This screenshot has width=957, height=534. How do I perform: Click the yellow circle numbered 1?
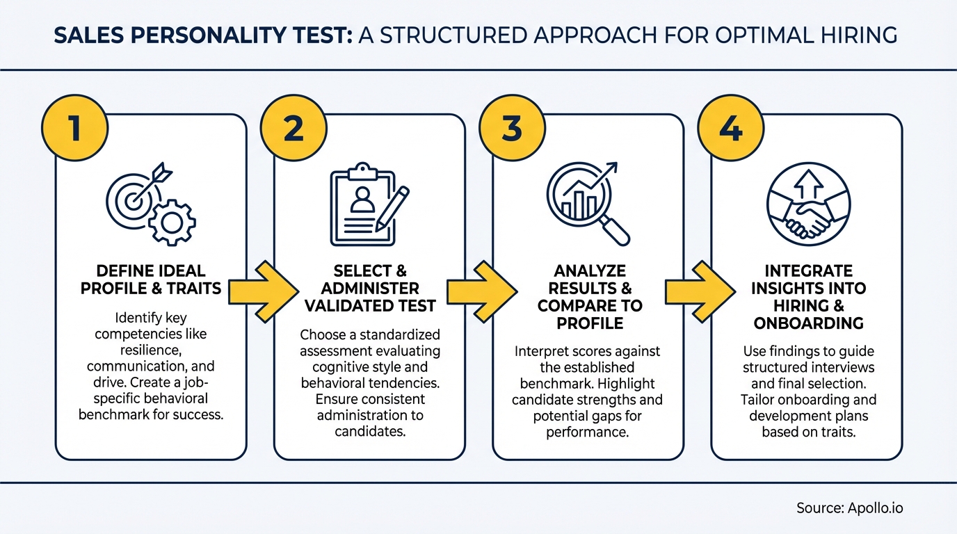[75, 130]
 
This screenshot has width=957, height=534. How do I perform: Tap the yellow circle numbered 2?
[293, 130]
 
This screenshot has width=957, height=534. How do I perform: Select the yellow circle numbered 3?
[512, 130]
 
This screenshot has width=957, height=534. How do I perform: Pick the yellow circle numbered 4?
[730, 130]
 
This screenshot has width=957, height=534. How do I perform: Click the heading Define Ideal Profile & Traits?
[150, 280]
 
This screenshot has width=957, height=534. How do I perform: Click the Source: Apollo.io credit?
[849, 508]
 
